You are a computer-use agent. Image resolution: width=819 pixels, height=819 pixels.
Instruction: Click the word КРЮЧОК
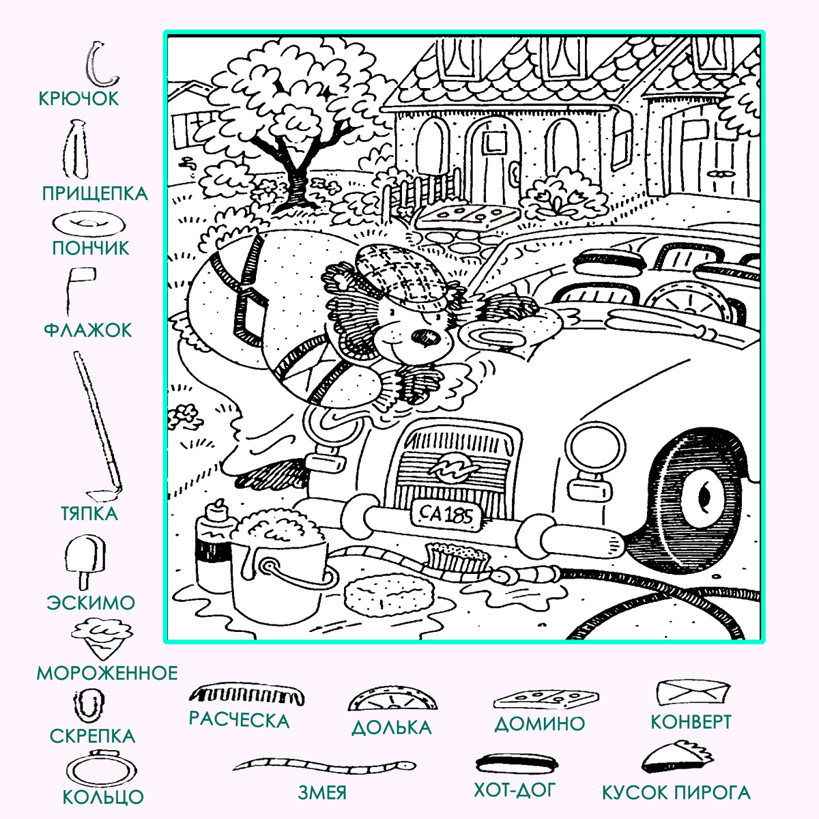(x=78, y=98)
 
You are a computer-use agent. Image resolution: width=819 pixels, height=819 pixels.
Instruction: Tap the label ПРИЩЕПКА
(x=95, y=194)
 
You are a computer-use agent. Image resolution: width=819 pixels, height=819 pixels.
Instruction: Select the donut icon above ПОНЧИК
(x=89, y=224)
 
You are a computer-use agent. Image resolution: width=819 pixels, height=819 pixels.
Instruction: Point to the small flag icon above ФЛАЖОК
(x=81, y=288)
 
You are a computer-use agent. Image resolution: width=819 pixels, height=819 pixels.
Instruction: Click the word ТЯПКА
(x=89, y=513)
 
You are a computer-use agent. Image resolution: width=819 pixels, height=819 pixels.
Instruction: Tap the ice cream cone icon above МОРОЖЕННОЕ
(x=102, y=638)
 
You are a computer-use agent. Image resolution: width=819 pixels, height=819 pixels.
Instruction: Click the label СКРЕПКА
(x=92, y=736)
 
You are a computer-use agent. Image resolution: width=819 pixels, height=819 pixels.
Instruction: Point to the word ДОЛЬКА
(x=392, y=728)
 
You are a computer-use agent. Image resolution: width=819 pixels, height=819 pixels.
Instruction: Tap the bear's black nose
(x=427, y=337)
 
